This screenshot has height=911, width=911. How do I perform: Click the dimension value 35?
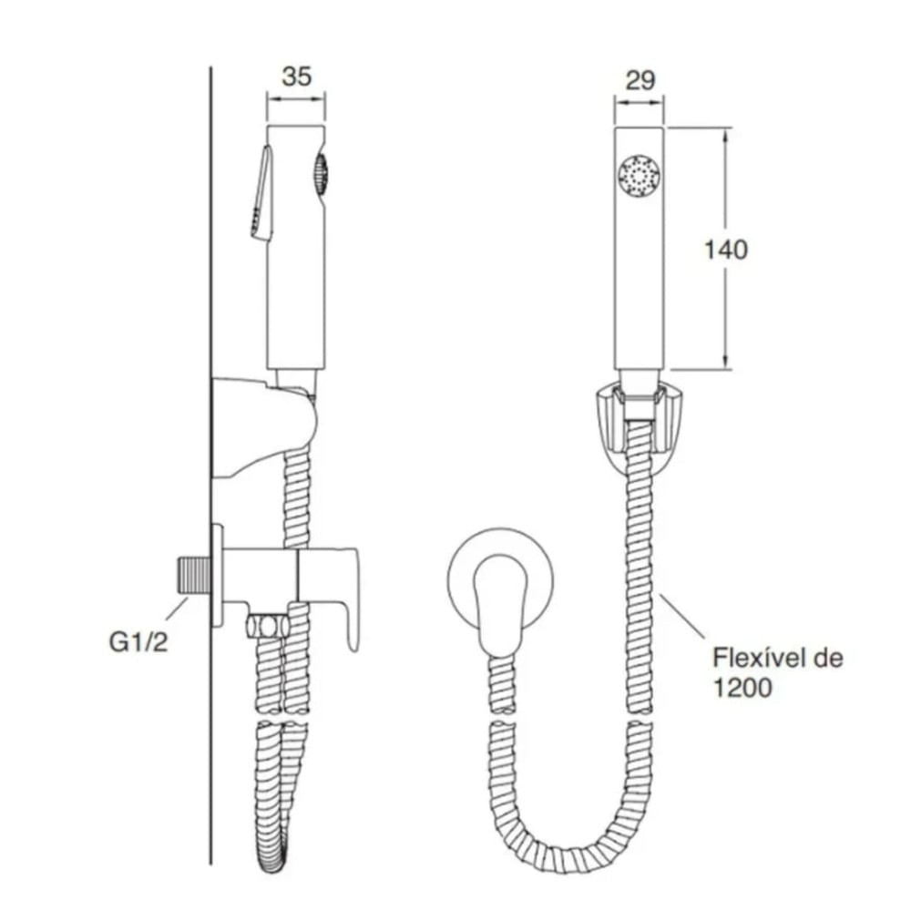click(296, 77)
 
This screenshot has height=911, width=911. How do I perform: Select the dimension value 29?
click(640, 80)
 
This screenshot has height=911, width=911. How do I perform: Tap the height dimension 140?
click(726, 250)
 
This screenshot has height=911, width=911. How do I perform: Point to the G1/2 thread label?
click(138, 642)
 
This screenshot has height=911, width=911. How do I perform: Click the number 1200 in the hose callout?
click(742, 688)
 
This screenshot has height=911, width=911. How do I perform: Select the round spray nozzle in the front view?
click(640, 175)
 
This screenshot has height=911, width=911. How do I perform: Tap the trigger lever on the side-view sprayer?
click(261, 192)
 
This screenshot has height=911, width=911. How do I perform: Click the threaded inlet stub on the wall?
click(194, 575)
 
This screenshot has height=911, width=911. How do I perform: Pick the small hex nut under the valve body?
click(267, 627)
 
